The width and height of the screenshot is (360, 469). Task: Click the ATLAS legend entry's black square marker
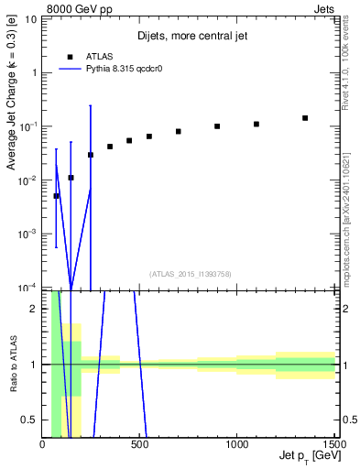pyautogui.click(x=70, y=56)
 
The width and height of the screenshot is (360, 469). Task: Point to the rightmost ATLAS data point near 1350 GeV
pyautogui.click(x=305, y=118)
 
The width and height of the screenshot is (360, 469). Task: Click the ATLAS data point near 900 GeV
pyautogui.click(x=217, y=126)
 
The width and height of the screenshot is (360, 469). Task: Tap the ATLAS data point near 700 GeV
pyautogui.click(x=179, y=131)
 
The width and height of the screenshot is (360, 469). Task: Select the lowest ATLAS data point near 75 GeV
pyautogui.click(x=57, y=196)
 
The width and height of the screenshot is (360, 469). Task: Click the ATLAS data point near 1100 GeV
pyautogui.click(x=256, y=124)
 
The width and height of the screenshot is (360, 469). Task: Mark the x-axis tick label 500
pyautogui.click(x=140, y=446)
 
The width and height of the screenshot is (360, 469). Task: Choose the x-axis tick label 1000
pyautogui.click(x=237, y=446)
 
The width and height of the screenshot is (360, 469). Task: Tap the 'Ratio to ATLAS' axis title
pyautogui.click(x=13, y=365)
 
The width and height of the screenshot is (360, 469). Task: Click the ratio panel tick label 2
pyautogui.click(x=34, y=309)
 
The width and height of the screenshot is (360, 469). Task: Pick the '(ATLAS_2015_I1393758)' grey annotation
pyautogui.click(x=191, y=273)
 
